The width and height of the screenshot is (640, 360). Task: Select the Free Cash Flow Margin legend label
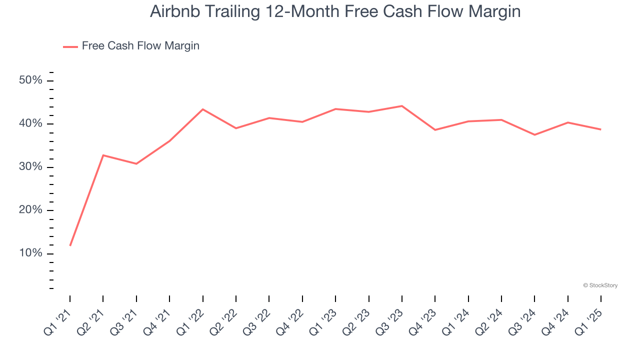click(x=140, y=46)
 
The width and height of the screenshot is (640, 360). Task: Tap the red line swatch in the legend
click(x=70, y=46)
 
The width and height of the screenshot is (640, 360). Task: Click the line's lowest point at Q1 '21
click(x=70, y=245)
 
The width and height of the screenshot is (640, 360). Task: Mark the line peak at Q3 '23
click(x=402, y=106)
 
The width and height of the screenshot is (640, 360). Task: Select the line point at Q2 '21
click(x=103, y=155)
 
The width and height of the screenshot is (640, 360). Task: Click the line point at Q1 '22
click(x=202, y=109)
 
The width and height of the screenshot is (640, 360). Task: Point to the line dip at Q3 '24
click(x=534, y=134)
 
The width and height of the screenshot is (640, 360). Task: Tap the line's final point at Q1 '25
click(x=601, y=129)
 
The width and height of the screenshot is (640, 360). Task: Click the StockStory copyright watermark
click(x=600, y=285)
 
